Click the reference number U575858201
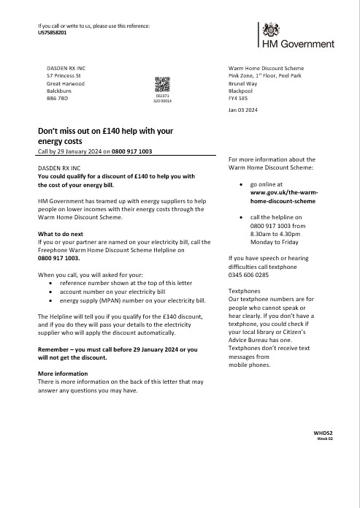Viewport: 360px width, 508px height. click(52, 33)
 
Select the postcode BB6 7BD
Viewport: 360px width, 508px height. click(57, 98)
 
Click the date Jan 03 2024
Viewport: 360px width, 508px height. click(243, 110)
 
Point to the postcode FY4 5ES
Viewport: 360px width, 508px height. click(238, 97)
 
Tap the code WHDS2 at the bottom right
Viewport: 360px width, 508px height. click(323, 433)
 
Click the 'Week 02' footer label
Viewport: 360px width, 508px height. click(325, 439)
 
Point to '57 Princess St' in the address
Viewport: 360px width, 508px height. click(64, 75)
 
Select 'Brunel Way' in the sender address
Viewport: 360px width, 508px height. click(245, 82)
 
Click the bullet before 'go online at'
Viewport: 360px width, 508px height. click(242, 186)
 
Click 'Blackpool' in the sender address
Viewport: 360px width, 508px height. click(242, 90)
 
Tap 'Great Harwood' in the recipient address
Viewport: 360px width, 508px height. click(65, 83)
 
